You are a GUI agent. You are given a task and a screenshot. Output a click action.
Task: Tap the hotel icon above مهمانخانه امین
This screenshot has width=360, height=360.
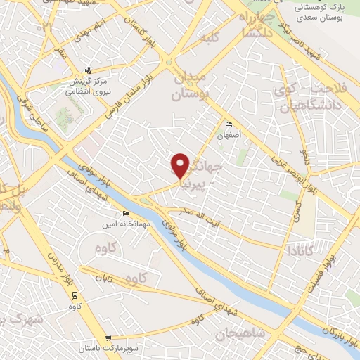click(x=127, y=213)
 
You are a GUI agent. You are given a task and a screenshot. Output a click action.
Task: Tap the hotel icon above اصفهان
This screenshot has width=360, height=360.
click(x=227, y=124)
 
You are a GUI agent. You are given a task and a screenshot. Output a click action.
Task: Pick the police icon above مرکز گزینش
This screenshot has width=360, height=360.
click(x=88, y=70)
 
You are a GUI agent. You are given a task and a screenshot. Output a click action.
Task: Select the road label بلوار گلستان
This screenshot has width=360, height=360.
click(x=139, y=29)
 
